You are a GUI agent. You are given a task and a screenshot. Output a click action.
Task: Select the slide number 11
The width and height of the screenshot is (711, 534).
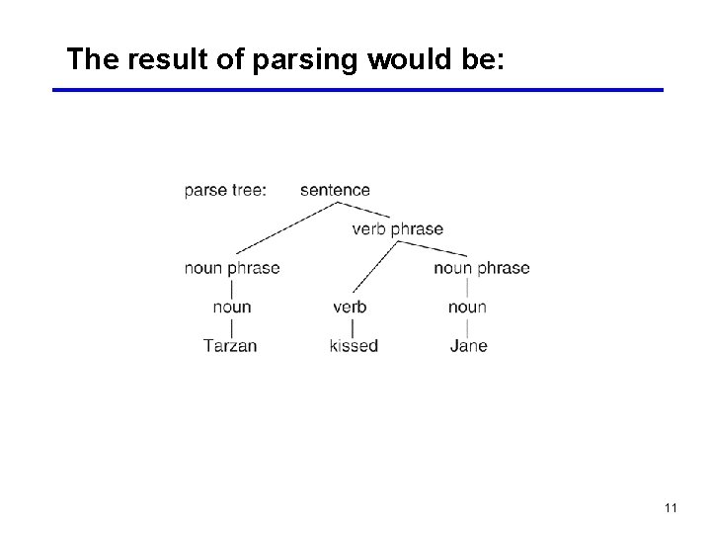coord(670,507)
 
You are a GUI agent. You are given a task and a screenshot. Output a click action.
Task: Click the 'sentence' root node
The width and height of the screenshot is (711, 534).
coord(335,190)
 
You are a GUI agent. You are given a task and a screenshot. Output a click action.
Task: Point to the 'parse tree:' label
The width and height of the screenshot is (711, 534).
coord(225,190)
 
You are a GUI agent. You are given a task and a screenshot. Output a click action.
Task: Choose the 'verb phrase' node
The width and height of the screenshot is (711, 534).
coord(397,229)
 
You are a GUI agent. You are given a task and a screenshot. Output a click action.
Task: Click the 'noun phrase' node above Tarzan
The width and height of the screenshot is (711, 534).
coord(232,268)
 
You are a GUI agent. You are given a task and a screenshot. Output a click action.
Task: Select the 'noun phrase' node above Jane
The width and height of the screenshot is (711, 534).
coord(481,268)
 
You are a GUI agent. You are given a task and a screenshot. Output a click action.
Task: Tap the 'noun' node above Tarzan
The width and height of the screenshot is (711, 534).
coord(232,307)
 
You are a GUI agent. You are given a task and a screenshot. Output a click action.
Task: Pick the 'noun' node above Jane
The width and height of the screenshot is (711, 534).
coord(467,307)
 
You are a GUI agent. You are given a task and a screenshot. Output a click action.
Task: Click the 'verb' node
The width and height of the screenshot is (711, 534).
coord(350,307)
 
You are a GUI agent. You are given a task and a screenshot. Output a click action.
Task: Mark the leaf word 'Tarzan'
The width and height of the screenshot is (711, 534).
coord(230,346)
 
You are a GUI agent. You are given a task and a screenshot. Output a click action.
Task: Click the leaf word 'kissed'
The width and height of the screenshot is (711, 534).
coord(354,346)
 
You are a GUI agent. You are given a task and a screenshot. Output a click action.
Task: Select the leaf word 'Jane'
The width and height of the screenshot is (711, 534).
coord(468,346)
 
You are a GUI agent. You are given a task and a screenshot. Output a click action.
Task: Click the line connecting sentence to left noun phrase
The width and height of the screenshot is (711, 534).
coord(286,227)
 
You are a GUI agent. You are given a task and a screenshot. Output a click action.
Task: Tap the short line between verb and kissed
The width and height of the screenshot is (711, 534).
coord(353,326)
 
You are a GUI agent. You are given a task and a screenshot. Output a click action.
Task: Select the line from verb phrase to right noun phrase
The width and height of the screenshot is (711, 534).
coord(434,249)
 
